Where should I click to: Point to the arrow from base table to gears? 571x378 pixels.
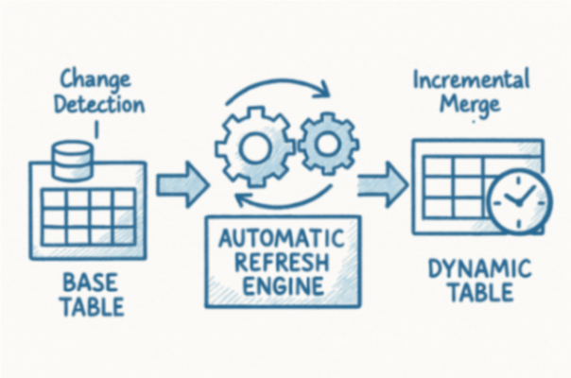182,182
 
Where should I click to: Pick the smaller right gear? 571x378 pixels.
327,143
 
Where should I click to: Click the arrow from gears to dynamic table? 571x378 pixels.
380,181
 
